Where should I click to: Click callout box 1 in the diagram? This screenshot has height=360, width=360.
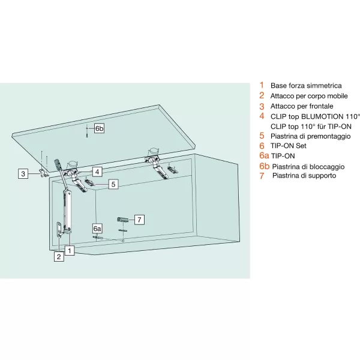[x=70, y=250]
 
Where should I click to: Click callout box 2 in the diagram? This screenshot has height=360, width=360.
[x=59, y=257]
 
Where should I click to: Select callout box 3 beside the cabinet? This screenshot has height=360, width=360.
[x=23, y=174]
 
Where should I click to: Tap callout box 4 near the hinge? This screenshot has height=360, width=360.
[x=97, y=171]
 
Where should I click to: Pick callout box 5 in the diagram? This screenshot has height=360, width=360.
[x=112, y=185]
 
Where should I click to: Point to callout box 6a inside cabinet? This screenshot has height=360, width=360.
[x=98, y=229]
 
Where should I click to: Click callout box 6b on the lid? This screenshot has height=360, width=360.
[x=99, y=129]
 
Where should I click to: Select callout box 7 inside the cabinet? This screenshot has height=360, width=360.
[x=139, y=219]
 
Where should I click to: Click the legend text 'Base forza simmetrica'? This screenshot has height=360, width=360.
[x=306, y=85]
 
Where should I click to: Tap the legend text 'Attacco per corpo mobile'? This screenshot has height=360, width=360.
[x=309, y=95]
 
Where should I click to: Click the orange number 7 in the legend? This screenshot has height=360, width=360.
[x=262, y=176]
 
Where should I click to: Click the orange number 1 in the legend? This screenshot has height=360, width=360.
[x=262, y=85]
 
